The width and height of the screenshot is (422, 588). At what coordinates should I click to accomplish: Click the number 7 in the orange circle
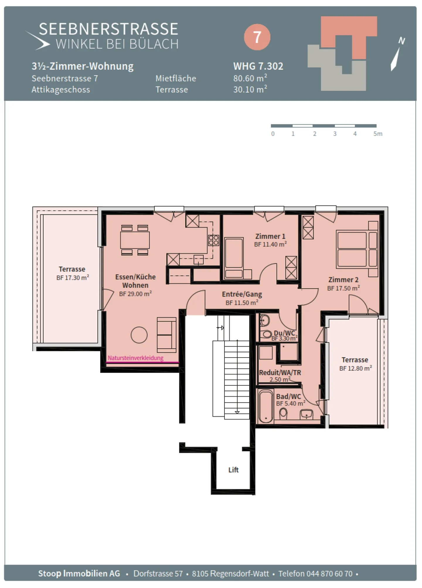[257, 37]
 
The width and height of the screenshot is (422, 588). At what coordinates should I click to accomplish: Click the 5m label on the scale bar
[378, 134]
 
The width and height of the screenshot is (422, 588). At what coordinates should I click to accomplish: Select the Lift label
[233, 470]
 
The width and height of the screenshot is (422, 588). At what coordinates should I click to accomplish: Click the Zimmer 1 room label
[270, 236]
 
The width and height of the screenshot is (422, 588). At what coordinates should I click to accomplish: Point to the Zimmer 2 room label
[343, 279]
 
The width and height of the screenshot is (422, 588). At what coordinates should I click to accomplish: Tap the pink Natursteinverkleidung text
[135, 358]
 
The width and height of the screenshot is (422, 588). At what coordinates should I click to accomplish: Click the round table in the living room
[139, 335]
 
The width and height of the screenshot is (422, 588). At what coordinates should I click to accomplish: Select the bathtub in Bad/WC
[266, 406]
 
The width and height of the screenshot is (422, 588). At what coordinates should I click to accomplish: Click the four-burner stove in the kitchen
[214, 240]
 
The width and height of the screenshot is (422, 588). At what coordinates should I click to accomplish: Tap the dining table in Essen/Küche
[135, 240]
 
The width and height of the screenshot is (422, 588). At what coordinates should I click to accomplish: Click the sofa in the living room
[166, 335]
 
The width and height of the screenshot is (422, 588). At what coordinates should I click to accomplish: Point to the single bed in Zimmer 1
[234, 258]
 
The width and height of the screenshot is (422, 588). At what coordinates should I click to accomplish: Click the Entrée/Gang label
[242, 294]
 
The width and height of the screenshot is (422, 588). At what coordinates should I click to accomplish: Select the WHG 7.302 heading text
[258, 66]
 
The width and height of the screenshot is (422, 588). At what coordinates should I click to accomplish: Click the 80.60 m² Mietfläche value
[250, 78]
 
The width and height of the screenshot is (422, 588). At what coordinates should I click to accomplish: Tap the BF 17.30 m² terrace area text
[73, 277]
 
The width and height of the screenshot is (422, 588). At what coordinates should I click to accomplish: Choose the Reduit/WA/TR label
[280, 372]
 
